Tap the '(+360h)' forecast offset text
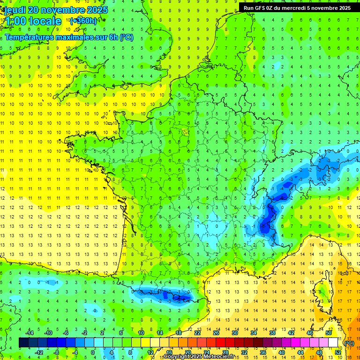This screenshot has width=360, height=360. click(x=83, y=21)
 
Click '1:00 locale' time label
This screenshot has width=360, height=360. click(x=33, y=21)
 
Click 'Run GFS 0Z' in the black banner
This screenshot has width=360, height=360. click(x=261, y=7)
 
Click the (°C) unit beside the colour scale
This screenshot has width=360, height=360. click(x=349, y=343)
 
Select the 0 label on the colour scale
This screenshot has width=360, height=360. click(x=93, y=352)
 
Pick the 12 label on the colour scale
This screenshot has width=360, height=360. click(x=150, y=352)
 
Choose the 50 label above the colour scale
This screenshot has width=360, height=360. click(x=328, y=333)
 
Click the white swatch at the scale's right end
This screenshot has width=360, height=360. click(x=333, y=343)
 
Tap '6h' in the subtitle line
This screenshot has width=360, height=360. click(x=113, y=37)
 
